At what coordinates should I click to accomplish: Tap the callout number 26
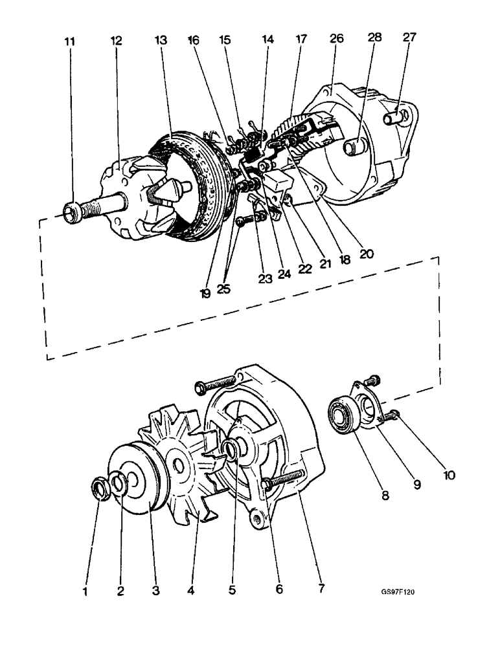(336, 39)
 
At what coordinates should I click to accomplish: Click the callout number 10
(449, 476)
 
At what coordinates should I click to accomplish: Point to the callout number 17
(301, 39)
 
